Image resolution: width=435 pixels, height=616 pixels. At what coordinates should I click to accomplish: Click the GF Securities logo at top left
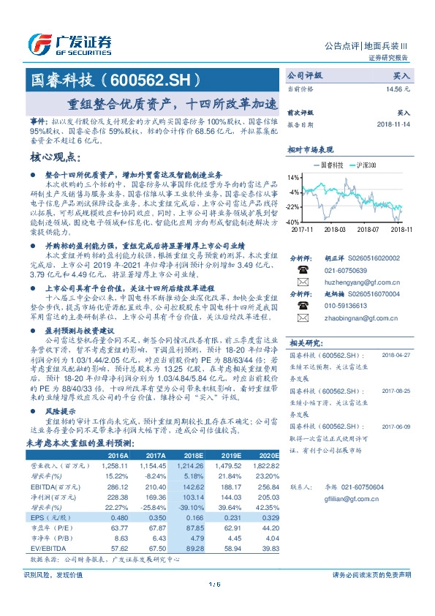70,42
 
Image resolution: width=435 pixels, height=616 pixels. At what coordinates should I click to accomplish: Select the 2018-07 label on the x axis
368,229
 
